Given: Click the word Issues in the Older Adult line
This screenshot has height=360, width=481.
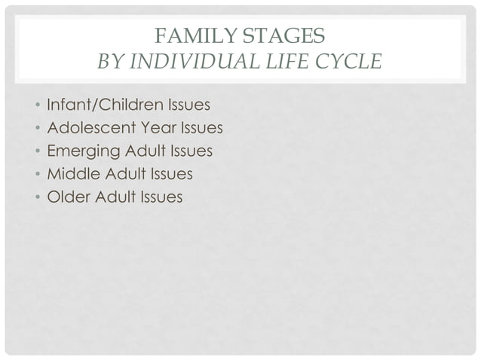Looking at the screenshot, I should [x=160, y=197].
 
